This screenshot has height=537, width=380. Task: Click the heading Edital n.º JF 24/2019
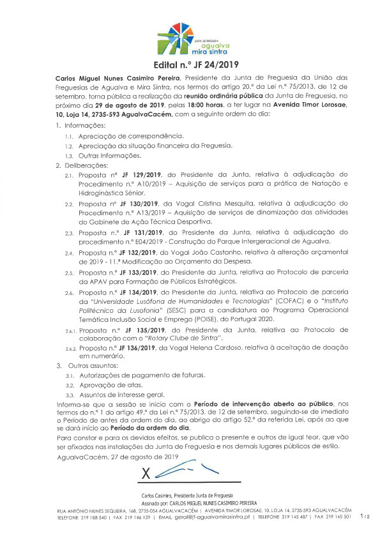tap(190, 64)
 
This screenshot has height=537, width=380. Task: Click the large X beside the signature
tap(145, 474)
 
